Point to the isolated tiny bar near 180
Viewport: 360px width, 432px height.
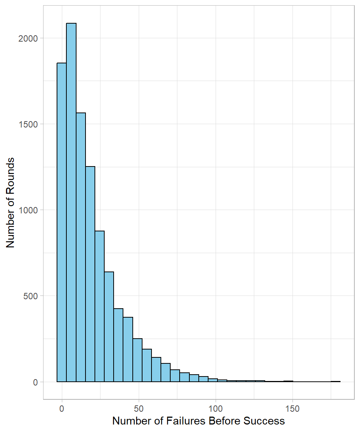click(336, 381)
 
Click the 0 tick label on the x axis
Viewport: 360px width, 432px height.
click(62, 408)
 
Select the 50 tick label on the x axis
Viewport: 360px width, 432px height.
click(139, 408)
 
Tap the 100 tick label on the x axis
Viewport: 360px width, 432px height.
click(216, 408)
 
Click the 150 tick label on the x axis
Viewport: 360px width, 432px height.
click(292, 408)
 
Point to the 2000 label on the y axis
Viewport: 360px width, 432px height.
click(28, 38)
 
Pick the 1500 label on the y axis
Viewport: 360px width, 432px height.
click(28, 124)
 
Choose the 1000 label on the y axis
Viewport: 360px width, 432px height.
click(28, 210)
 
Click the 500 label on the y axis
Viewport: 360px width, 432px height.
click(30, 296)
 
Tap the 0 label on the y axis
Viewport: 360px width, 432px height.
click(35, 382)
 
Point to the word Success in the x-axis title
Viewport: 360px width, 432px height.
click(264, 421)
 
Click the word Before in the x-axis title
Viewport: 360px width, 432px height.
click(223, 421)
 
